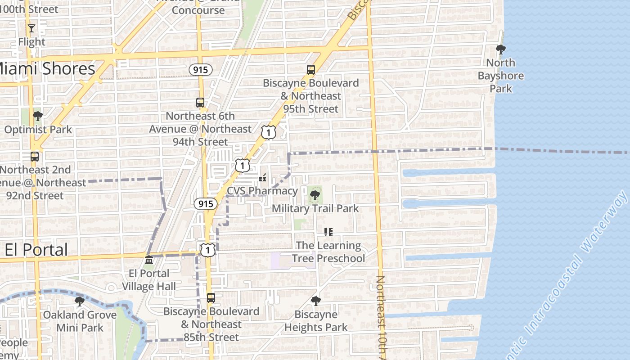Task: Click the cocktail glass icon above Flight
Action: pos(31,28)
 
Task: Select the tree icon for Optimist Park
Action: pos(38,116)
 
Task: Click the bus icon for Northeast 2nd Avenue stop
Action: pos(35,157)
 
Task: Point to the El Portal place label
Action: pos(36,250)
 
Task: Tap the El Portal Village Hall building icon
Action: pos(149,260)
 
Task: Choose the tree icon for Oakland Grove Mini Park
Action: pos(80,301)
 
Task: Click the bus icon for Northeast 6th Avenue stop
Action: pos(200,103)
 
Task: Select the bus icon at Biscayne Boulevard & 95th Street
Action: pos(311,70)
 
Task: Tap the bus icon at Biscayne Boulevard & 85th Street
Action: pos(211,298)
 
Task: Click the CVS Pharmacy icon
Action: pos(262,178)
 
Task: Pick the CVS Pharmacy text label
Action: pos(262,191)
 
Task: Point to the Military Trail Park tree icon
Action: pos(315,195)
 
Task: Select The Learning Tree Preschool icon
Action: pos(328,232)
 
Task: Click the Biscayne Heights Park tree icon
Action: pos(316,301)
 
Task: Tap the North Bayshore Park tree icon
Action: pos(500,49)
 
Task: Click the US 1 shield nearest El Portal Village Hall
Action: pos(207,250)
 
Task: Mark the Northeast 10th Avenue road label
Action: pos(381,315)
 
